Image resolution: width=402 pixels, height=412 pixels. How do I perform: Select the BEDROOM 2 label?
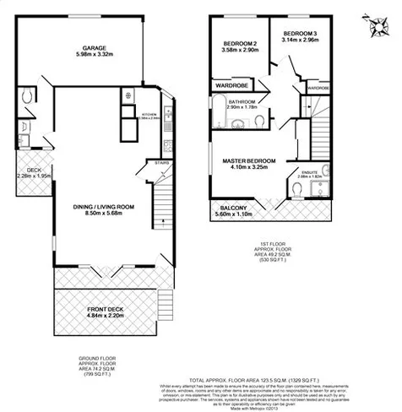[239, 44]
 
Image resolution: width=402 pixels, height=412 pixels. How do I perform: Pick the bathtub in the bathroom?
[218, 114]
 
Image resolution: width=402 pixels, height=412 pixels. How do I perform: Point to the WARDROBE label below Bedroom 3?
[318, 88]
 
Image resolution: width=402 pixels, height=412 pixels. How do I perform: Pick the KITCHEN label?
[151, 113]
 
